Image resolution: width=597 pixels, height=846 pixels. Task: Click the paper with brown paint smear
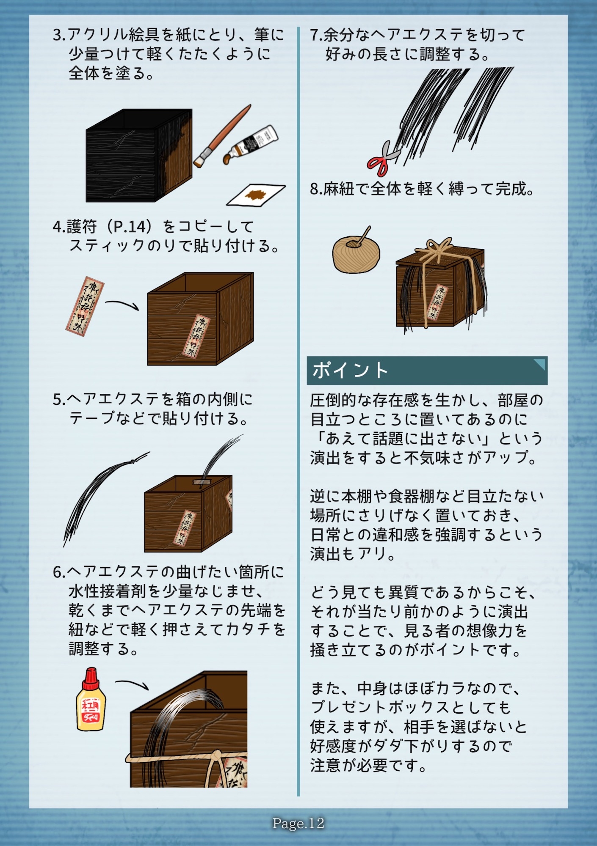[255, 195]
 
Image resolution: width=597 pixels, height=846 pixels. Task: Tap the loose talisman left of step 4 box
[85, 306]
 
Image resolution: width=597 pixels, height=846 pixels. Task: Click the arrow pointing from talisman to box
[122, 304]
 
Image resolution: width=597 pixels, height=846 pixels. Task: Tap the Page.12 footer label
[298, 823]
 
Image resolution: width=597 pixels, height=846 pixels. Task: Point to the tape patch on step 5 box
[201, 482]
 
